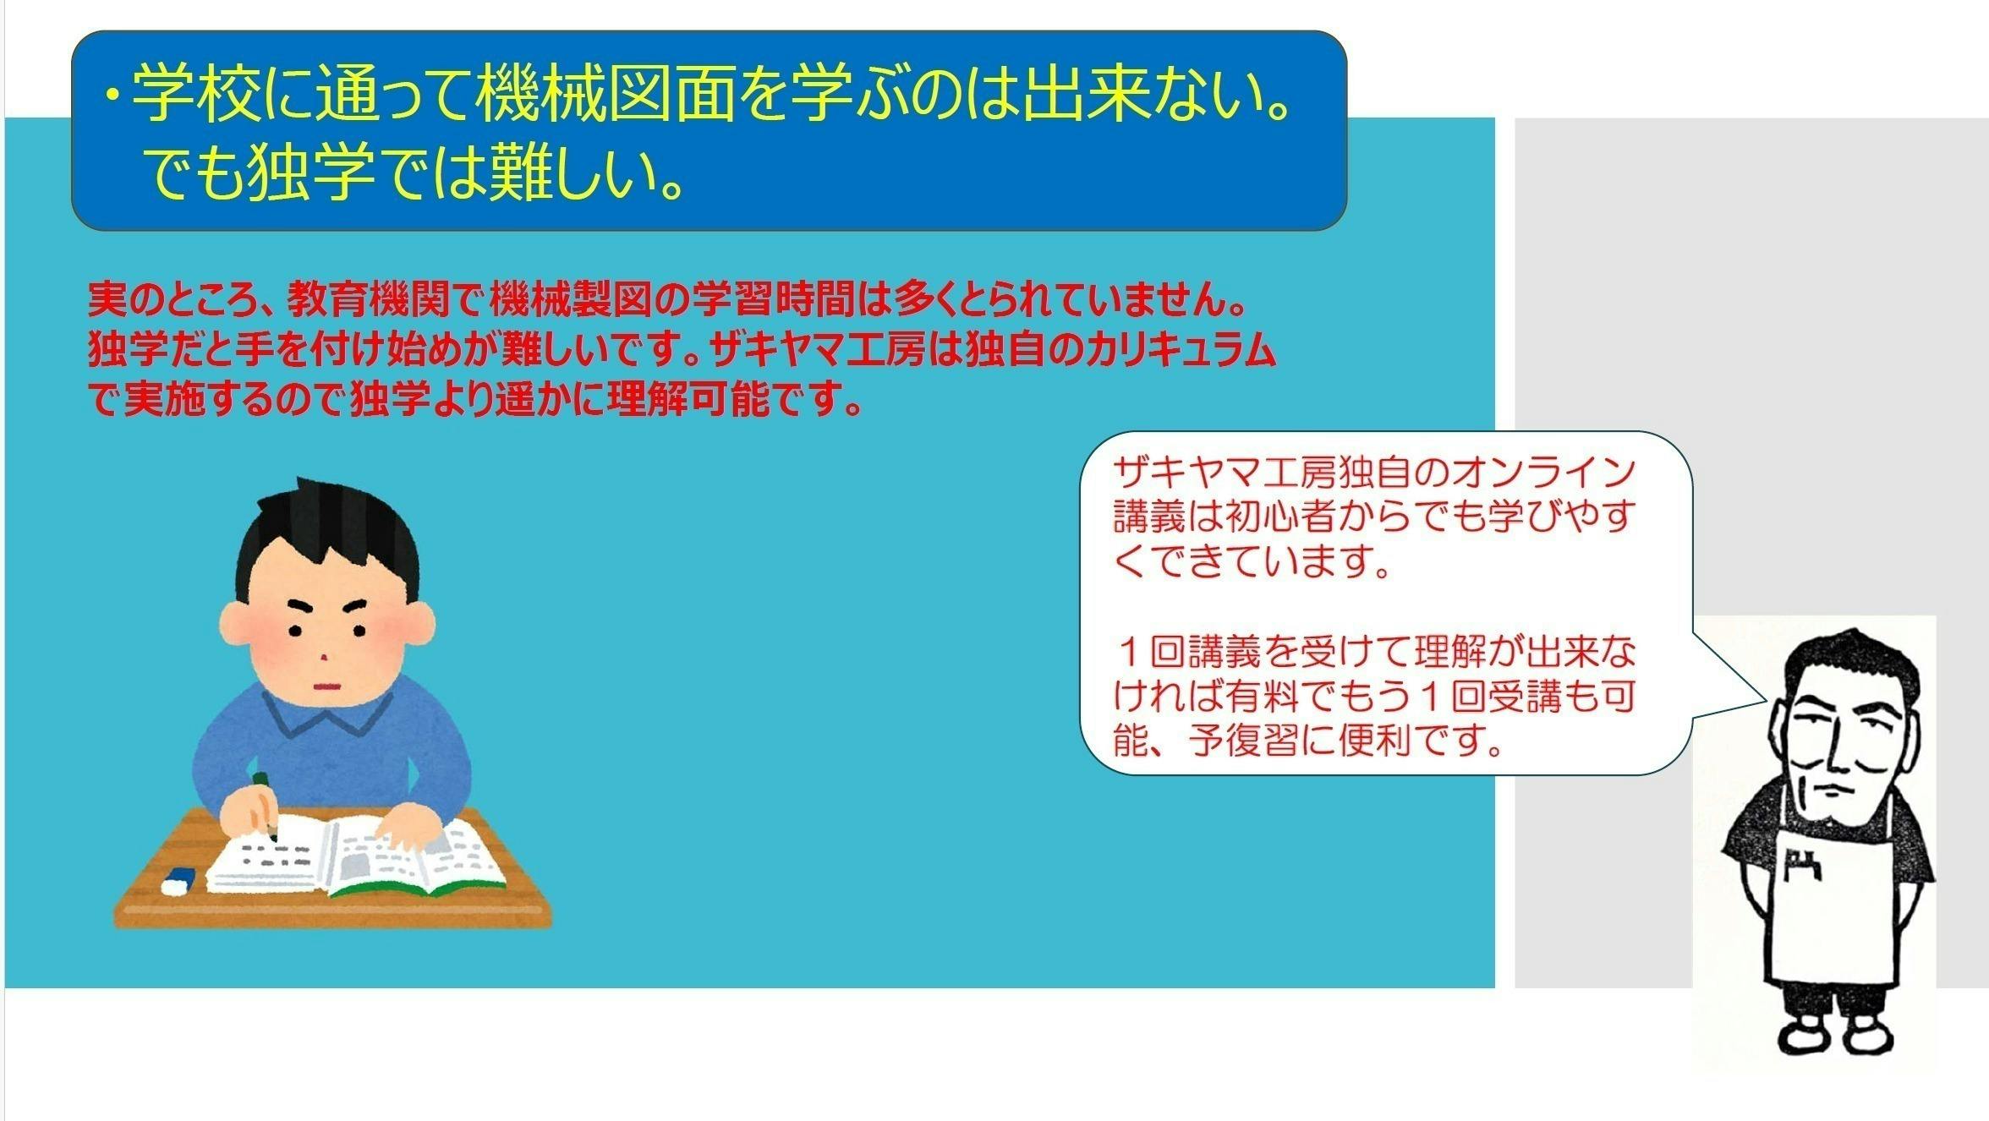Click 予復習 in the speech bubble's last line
(x=1242, y=741)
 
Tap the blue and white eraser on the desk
(x=178, y=881)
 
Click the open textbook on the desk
(x=356, y=855)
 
